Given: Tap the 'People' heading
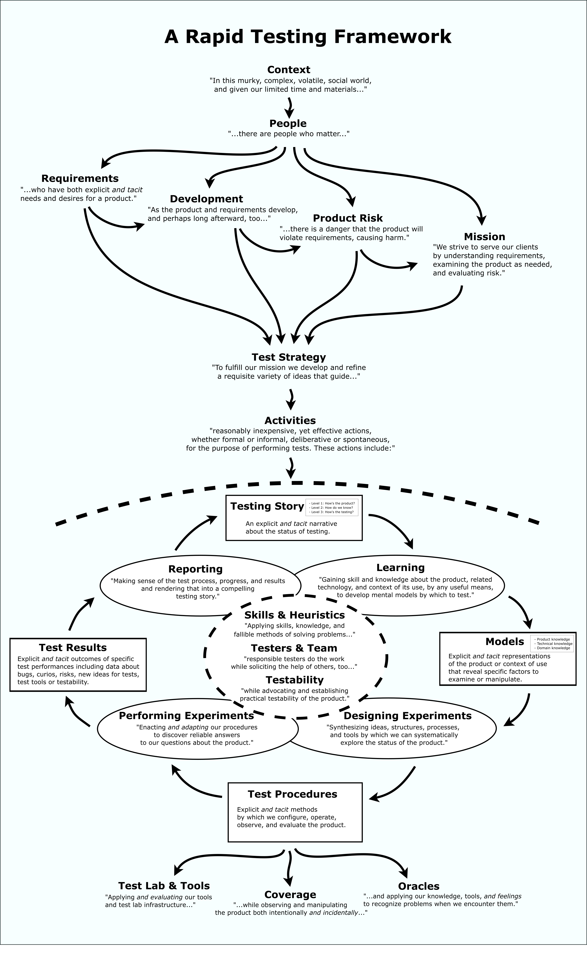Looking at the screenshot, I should tap(288, 123).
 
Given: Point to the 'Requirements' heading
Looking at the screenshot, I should tap(80, 178).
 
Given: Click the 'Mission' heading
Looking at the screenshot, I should tap(485, 237).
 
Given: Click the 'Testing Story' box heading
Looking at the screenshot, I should tap(267, 506).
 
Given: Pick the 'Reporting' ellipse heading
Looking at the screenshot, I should tap(195, 569).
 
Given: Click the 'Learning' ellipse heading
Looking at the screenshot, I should tap(400, 568).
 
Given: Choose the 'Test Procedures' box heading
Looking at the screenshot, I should tap(292, 794).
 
